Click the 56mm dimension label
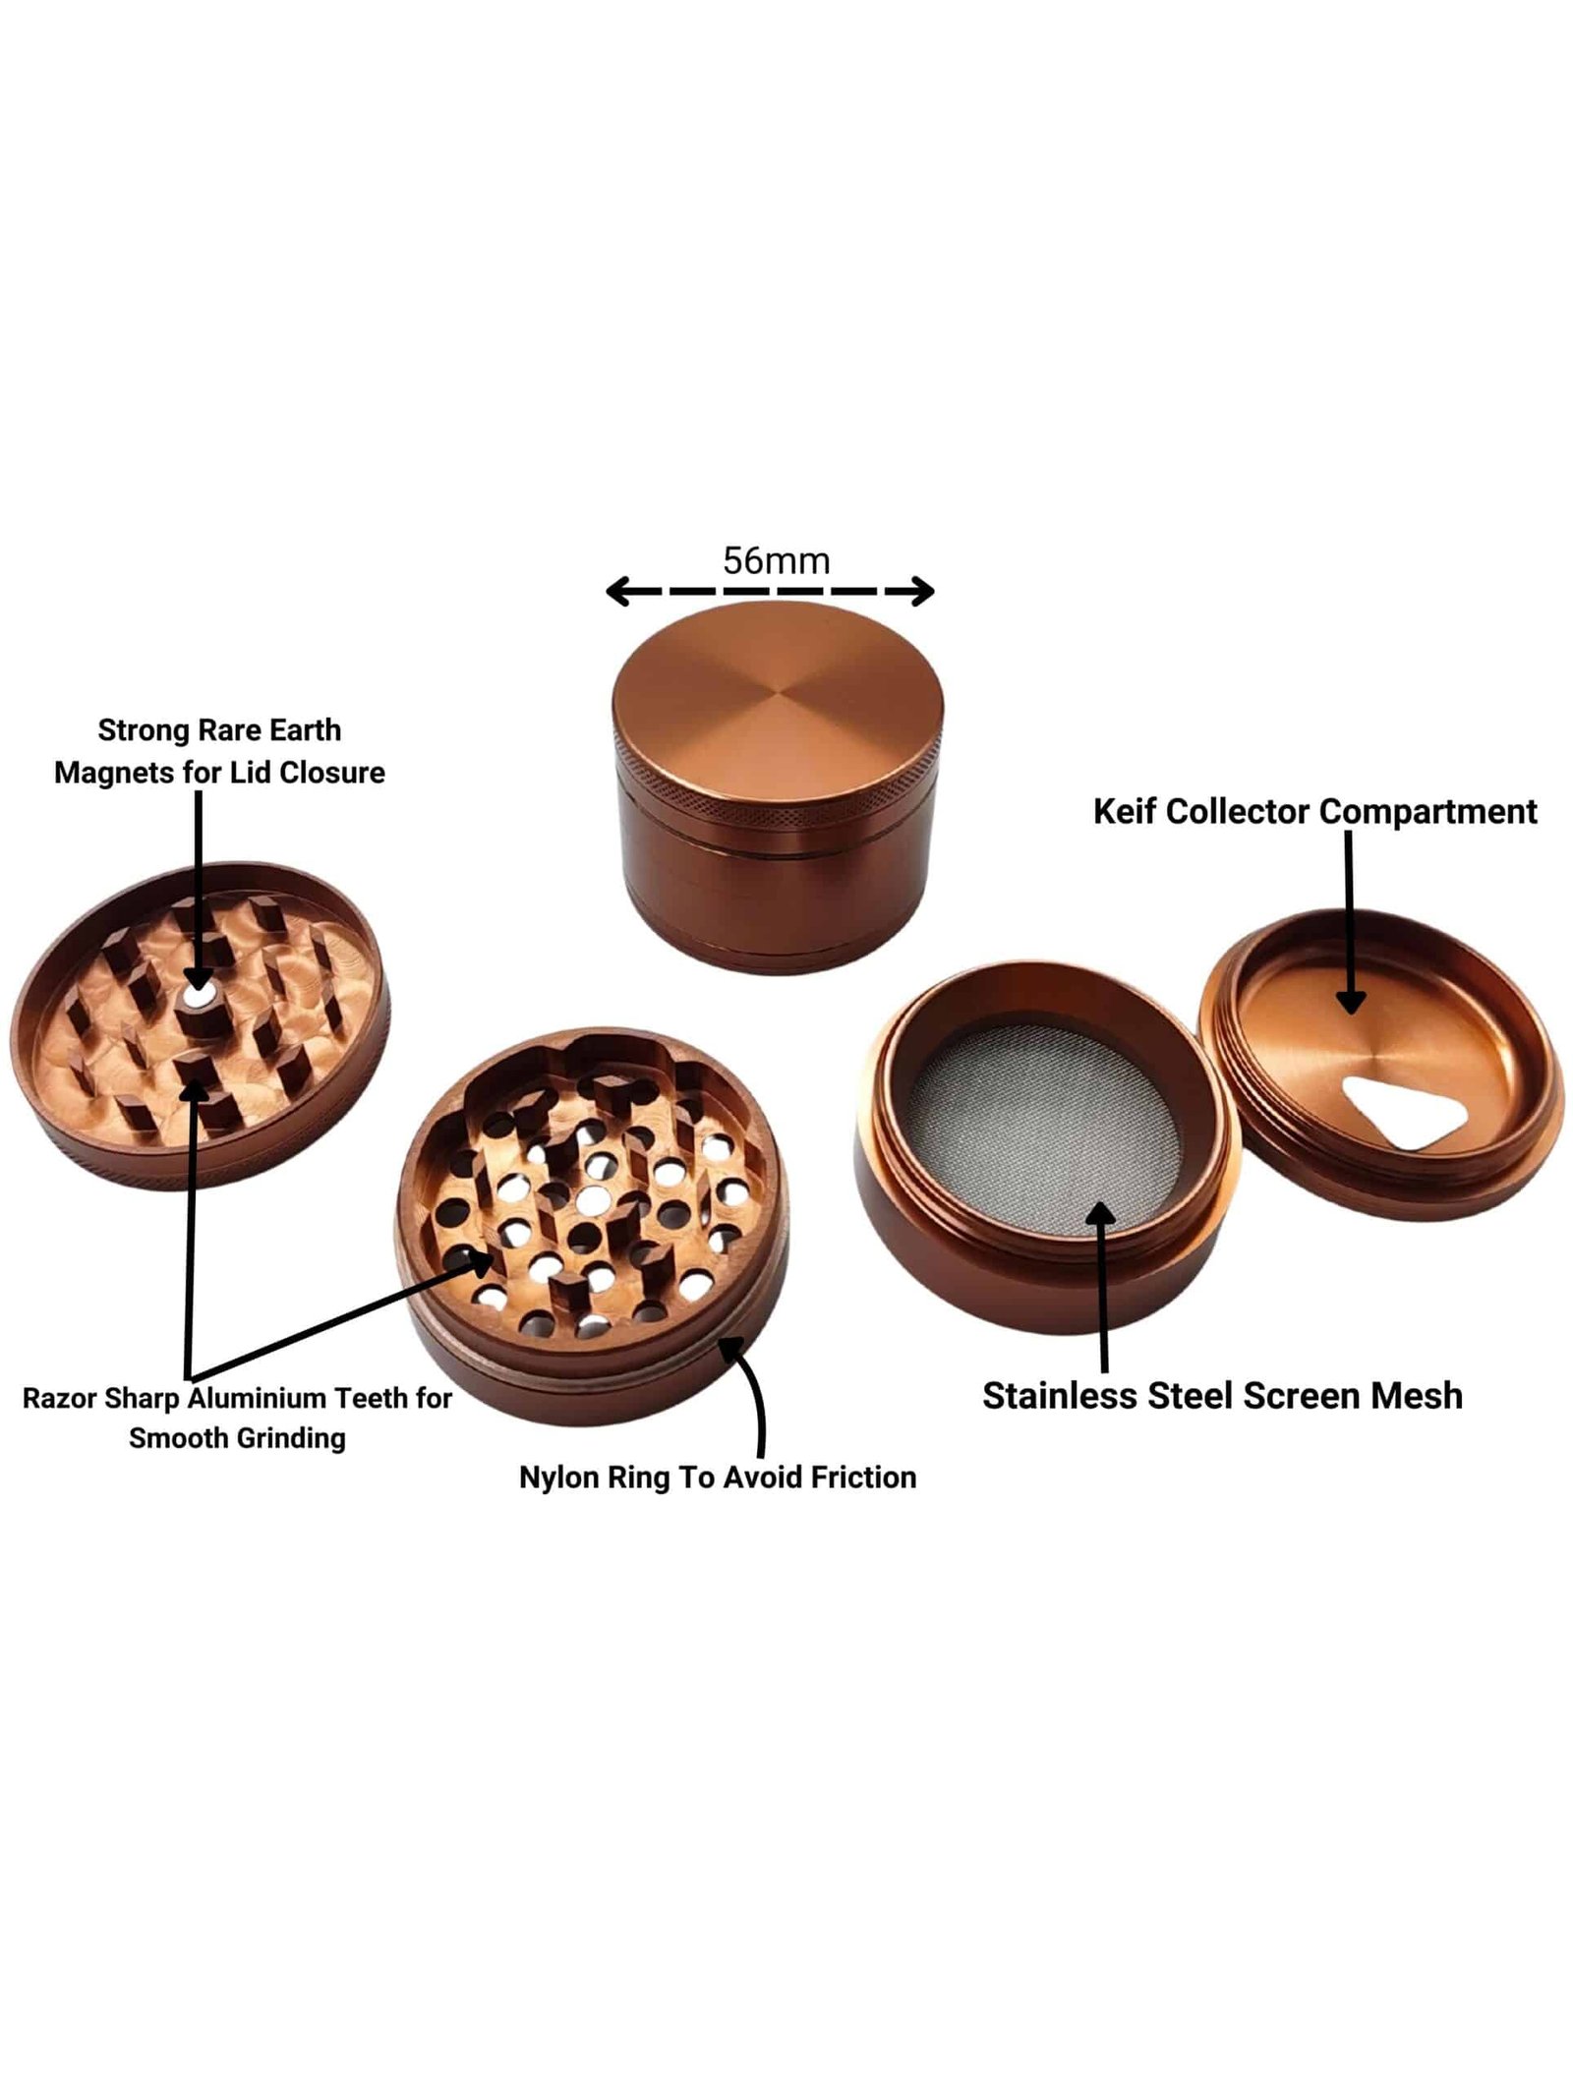click(x=776, y=560)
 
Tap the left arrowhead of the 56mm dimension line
click(x=618, y=591)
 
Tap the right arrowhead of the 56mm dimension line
click(x=921, y=591)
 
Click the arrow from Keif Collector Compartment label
click(x=1350, y=921)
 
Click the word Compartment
click(x=1427, y=812)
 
